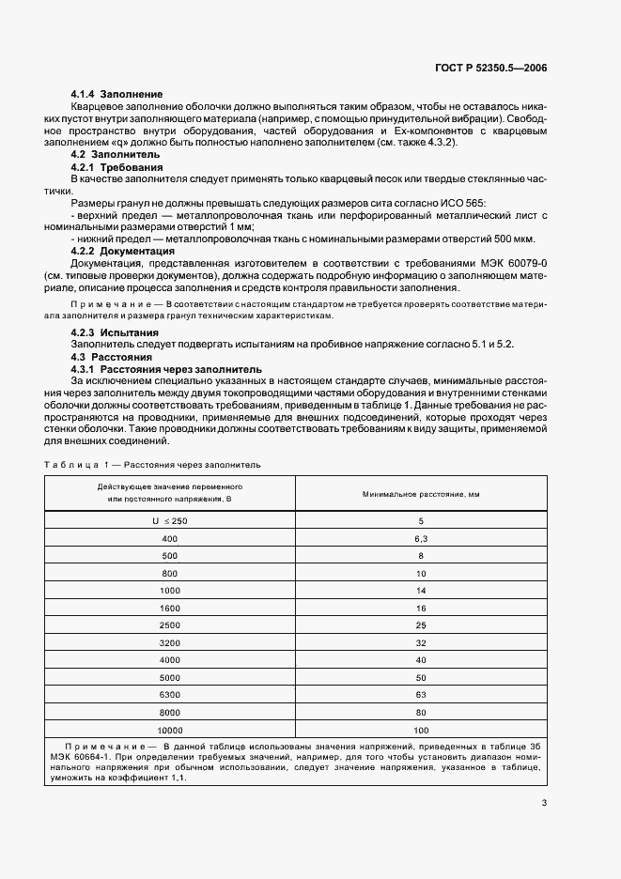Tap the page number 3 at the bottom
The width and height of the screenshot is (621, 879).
click(x=544, y=802)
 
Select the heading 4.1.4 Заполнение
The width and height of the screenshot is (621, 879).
click(x=117, y=95)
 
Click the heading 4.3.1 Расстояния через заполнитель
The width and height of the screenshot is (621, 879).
click(x=157, y=369)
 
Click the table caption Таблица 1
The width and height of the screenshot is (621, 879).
click(x=78, y=464)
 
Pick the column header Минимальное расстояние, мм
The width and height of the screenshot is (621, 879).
click(x=420, y=493)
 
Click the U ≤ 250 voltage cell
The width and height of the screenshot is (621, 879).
click(x=170, y=520)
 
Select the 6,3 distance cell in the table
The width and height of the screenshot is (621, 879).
click(x=420, y=538)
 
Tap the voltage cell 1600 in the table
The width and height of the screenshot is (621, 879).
click(x=170, y=608)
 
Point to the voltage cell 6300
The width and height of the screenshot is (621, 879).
click(x=170, y=695)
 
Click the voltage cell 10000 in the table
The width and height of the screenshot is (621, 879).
click(x=170, y=730)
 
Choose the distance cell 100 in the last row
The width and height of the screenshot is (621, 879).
click(x=420, y=730)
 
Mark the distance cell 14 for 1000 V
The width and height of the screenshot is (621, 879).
click(x=420, y=590)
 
